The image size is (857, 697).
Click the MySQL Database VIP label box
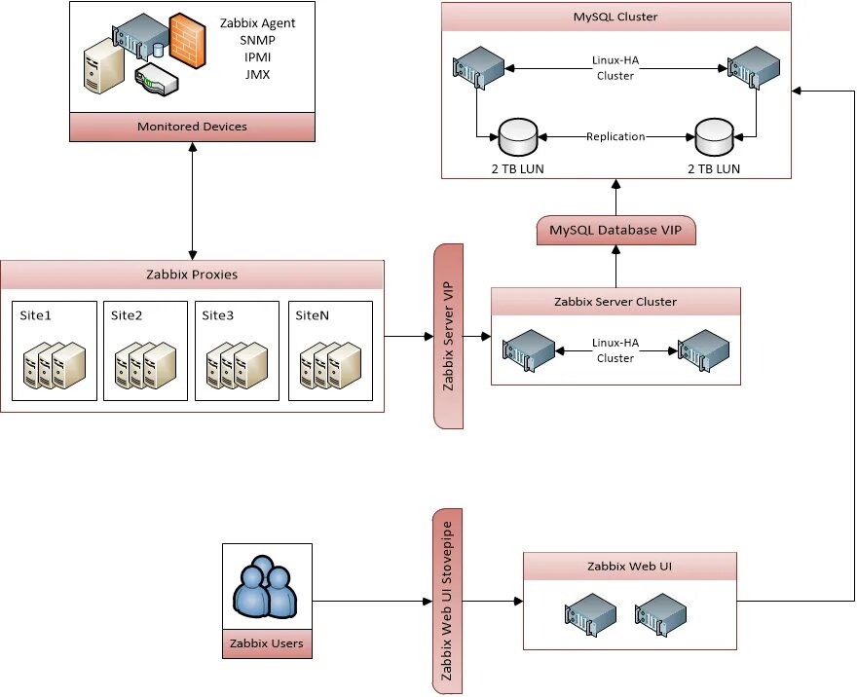pos(615,230)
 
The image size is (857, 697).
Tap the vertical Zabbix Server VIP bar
pos(449,336)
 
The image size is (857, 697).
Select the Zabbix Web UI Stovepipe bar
pos(449,601)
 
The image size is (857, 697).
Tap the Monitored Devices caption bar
pos(192,127)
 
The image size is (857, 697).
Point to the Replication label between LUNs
pos(615,136)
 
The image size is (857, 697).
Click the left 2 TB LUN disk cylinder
pos(518,137)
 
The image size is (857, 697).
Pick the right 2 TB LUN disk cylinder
pos(714,137)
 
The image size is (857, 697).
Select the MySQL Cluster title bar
pos(615,17)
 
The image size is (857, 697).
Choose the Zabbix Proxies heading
pos(192,275)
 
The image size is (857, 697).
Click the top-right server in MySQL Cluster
pos(749,65)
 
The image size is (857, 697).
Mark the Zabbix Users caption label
pos(266,643)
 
